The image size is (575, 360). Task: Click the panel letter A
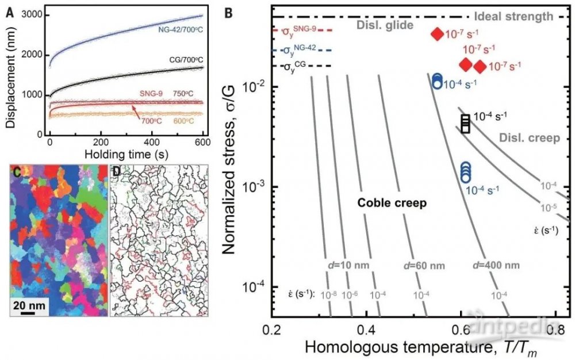click(x=9, y=8)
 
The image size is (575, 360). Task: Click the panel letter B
click(x=228, y=10)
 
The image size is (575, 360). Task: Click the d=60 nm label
click(x=419, y=266)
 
